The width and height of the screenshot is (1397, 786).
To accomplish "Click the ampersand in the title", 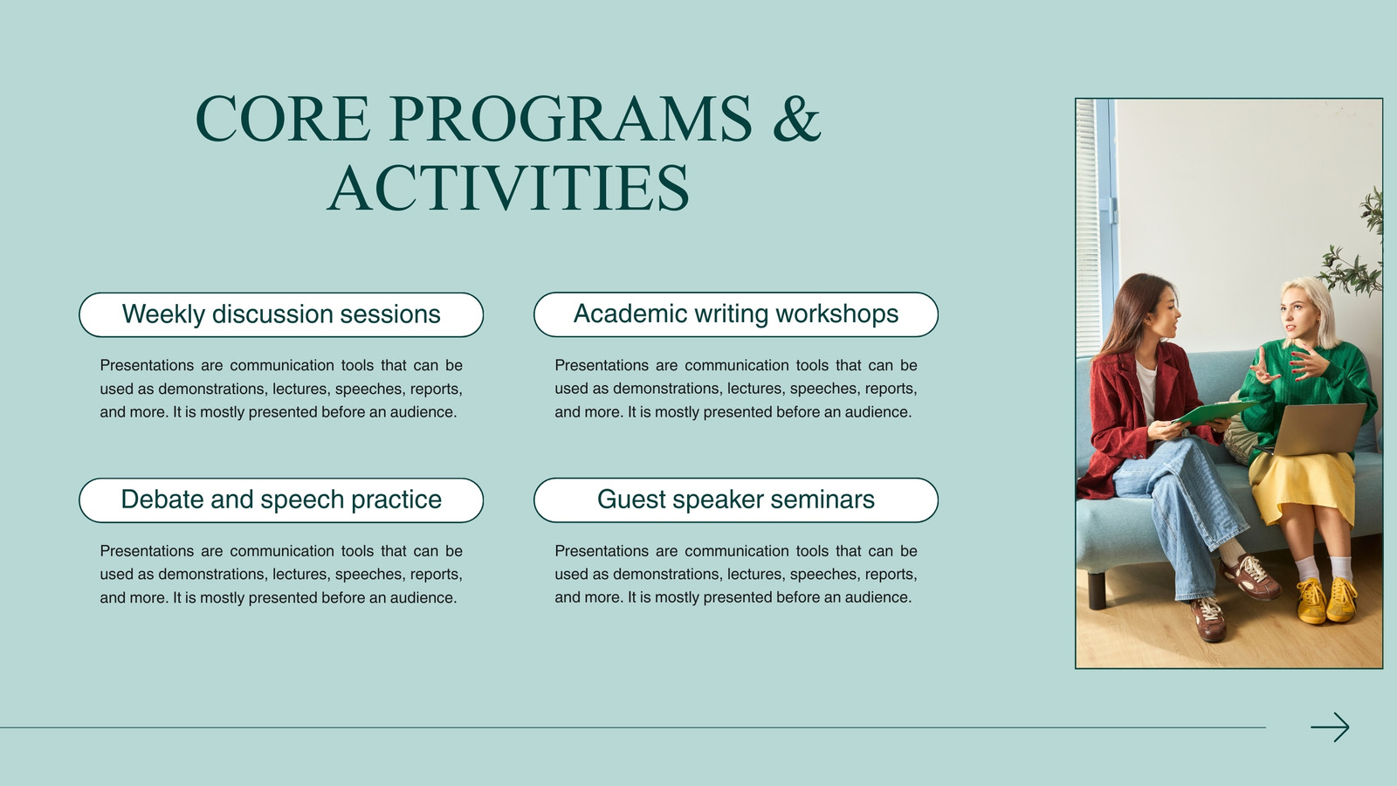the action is click(796, 119).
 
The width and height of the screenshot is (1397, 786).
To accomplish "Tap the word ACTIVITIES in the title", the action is click(508, 187).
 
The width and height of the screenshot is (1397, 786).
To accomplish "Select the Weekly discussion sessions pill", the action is click(281, 314).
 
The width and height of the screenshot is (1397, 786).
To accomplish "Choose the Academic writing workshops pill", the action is click(736, 314).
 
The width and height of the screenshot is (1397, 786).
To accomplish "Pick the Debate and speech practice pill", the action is click(281, 500).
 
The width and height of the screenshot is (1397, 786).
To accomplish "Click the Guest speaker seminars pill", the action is click(736, 500).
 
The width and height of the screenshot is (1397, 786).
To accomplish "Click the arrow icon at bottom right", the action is click(1330, 727).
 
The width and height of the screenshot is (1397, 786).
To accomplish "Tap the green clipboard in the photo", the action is click(1214, 412).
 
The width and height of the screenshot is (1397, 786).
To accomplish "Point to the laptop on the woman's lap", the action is click(1316, 429).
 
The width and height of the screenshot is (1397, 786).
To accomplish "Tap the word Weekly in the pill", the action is click(163, 314).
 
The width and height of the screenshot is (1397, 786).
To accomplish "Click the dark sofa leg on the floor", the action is click(1097, 589).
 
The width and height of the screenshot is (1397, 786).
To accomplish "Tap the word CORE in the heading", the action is click(283, 119).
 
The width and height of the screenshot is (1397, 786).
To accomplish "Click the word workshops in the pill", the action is click(837, 314).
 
